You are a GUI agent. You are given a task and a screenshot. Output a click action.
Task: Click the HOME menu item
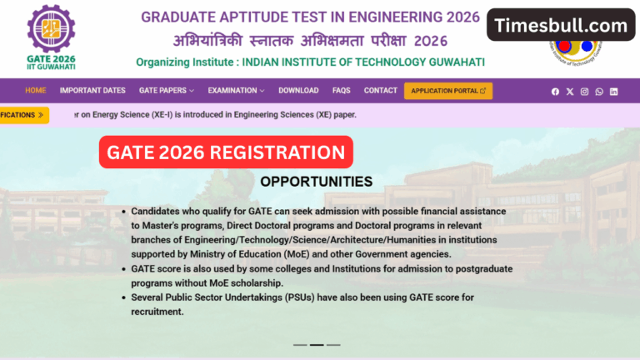pos(35,90)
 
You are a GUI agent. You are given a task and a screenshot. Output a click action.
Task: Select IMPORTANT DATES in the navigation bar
pos(92,90)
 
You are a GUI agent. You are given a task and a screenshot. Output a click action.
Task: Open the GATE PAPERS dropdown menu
pos(166,90)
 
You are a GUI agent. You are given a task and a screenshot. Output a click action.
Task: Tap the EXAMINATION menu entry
pos(236,90)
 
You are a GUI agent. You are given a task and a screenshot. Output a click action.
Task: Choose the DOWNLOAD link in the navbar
pos(298,90)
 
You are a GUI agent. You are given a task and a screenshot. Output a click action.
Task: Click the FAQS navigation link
pos(341,90)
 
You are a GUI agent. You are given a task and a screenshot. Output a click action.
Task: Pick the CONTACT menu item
pos(381,90)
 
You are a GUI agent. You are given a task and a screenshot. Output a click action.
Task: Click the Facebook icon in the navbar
pos(555,92)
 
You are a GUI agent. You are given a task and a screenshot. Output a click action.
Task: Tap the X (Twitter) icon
pos(570,92)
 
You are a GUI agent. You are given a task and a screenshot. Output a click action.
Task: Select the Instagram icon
pos(584,92)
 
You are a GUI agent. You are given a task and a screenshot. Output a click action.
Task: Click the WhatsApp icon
pos(598,92)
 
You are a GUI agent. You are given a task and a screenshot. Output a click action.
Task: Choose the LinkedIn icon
pos(613,92)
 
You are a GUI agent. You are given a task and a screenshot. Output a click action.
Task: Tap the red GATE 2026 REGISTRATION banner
pos(226,152)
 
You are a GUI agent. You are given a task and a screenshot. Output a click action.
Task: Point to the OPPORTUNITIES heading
pos(316,181)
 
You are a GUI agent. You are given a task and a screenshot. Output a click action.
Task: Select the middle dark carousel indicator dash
pos(317,344)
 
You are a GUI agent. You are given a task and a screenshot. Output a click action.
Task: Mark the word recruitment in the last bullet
pos(157,312)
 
